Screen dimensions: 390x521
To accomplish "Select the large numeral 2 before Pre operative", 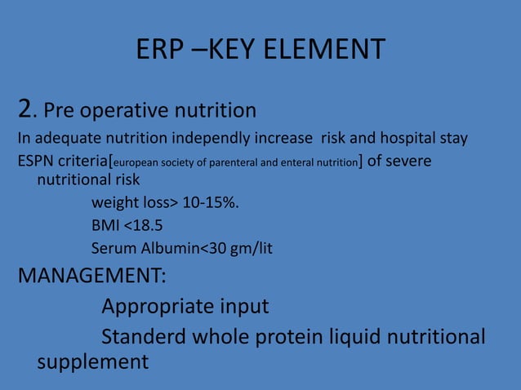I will [25, 108].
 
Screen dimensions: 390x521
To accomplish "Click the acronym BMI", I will [105, 225].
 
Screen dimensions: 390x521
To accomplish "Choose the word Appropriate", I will [155, 308].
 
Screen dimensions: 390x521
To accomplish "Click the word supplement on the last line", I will [93, 361].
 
